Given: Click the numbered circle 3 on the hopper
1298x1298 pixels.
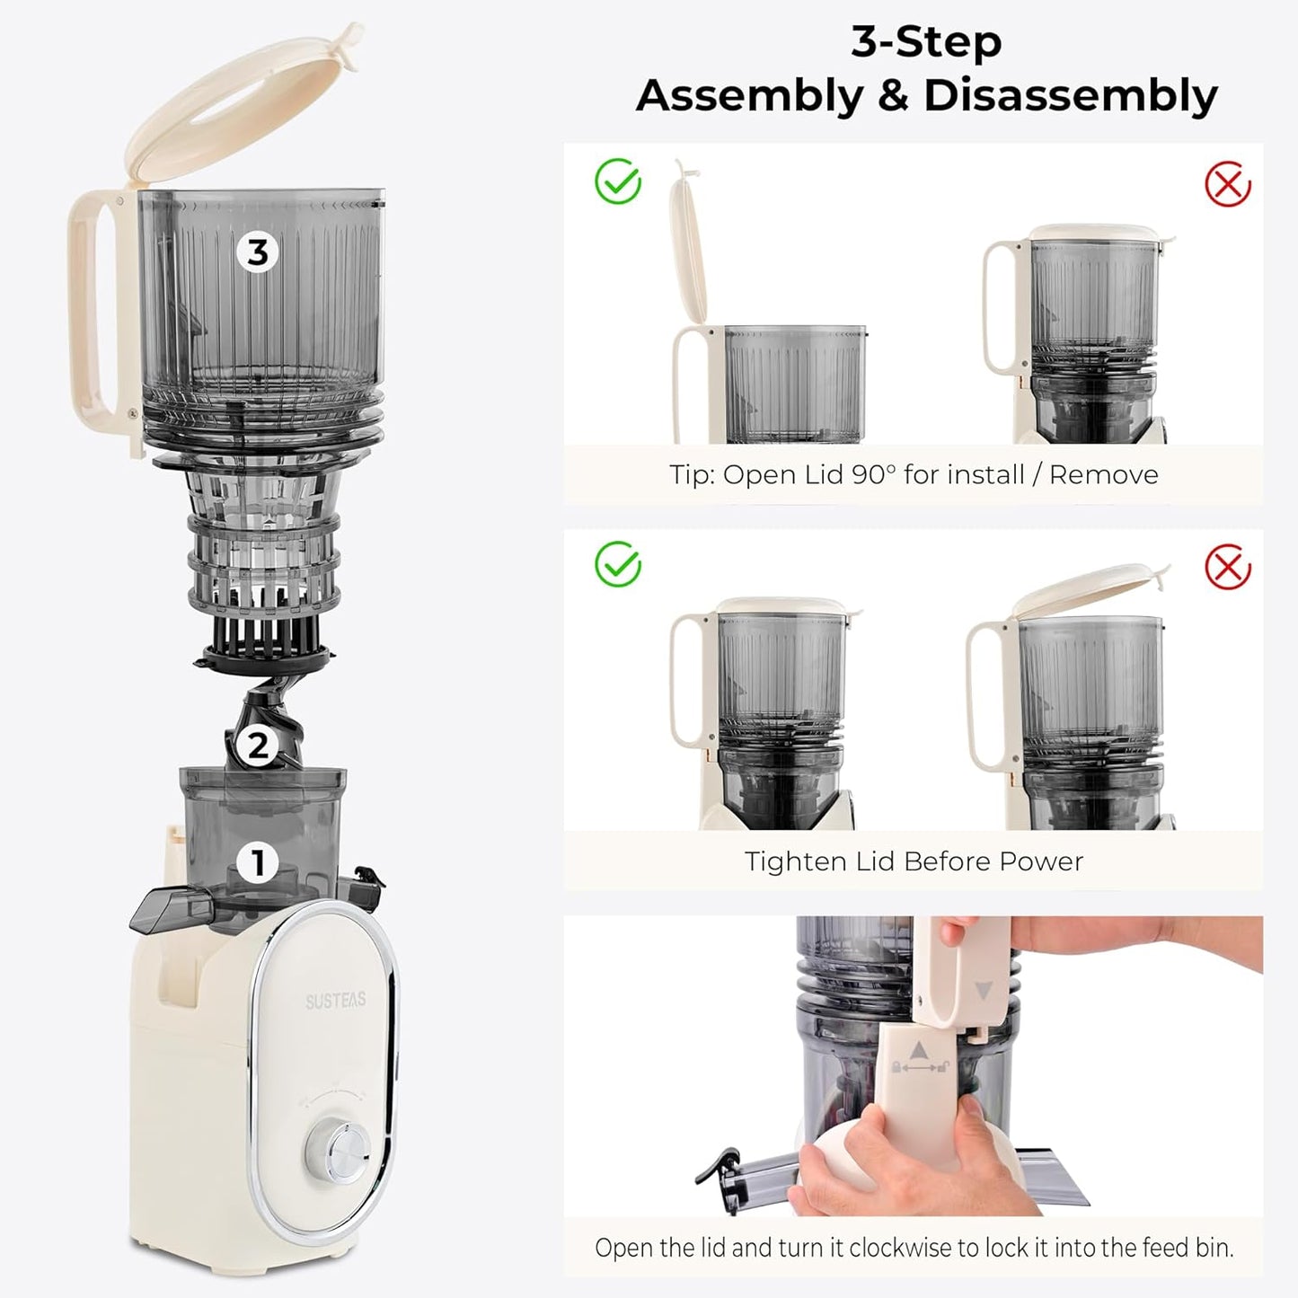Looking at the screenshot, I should [258, 252].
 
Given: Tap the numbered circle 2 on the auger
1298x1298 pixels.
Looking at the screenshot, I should [258, 745].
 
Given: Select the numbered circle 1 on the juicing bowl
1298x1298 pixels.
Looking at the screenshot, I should [258, 863].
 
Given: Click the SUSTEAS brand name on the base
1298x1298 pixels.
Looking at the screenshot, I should [335, 1001].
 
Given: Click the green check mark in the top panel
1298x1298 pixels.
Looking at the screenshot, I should [618, 182].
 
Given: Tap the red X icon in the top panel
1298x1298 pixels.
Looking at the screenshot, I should [1227, 184].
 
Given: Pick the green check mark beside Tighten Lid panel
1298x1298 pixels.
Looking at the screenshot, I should [618, 566].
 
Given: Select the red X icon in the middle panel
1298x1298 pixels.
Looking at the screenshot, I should [1227, 568].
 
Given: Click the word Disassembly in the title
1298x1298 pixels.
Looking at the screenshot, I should [1071, 95].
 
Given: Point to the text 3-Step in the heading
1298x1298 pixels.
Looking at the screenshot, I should [926, 42].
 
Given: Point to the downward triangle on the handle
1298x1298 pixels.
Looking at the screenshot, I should [983, 991].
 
